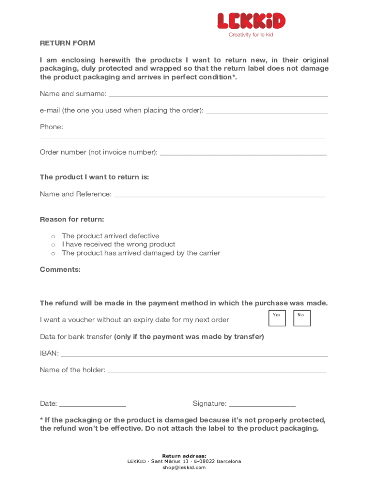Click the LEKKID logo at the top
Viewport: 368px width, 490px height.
pyautogui.click(x=251, y=21)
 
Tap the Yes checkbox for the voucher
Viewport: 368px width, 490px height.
pyautogui.click(x=277, y=318)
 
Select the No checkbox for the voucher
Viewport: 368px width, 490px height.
pyautogui.click(x=302, y=318)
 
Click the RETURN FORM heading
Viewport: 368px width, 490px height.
pyautogui.click(x=67, y=43)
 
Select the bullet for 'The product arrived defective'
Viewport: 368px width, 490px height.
pyautogui.click(x=54, y=236)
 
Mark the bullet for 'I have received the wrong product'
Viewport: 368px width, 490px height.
pyautogui.click(x=54, y=245)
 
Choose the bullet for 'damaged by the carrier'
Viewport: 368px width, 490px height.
pyautogui.click(x=54, y=253)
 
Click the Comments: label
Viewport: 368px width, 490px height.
pyautogui.click(x=60, y=269)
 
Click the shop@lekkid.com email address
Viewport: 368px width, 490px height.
pyautogui.click(x=184, y=467)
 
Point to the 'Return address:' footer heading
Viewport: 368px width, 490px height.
pyautogui.click(x=184, y=456)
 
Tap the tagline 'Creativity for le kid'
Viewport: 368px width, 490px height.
pyautogui.click(x=251, y=34)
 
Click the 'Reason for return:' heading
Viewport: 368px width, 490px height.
pyautogui.click(x=72, y=219)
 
